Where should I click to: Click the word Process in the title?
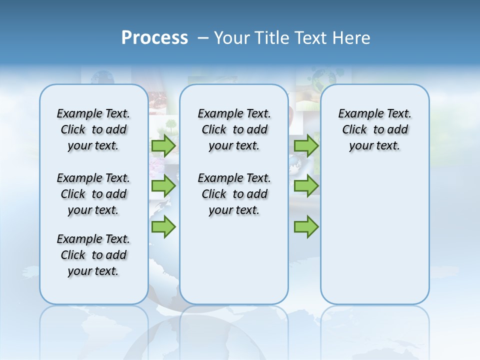[154, 37]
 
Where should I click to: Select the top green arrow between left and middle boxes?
[163, 146]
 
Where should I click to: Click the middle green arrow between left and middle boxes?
[163, 186]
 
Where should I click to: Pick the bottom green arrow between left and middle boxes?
[163, 226]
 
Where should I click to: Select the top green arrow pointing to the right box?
[306, 146]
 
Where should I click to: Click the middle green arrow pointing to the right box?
[306, 186]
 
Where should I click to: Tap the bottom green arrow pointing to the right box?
[306, 226]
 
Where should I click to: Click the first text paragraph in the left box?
[93, 129]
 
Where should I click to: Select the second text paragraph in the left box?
[93, 194]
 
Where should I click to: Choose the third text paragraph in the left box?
[93, 255]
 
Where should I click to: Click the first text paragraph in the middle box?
[234, 129]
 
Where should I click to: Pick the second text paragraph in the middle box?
[234, 194]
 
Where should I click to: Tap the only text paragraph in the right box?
[374, 129]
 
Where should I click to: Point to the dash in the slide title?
[203, 37]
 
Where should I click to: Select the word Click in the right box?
[354, 130]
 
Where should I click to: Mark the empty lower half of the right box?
[374, 235]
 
